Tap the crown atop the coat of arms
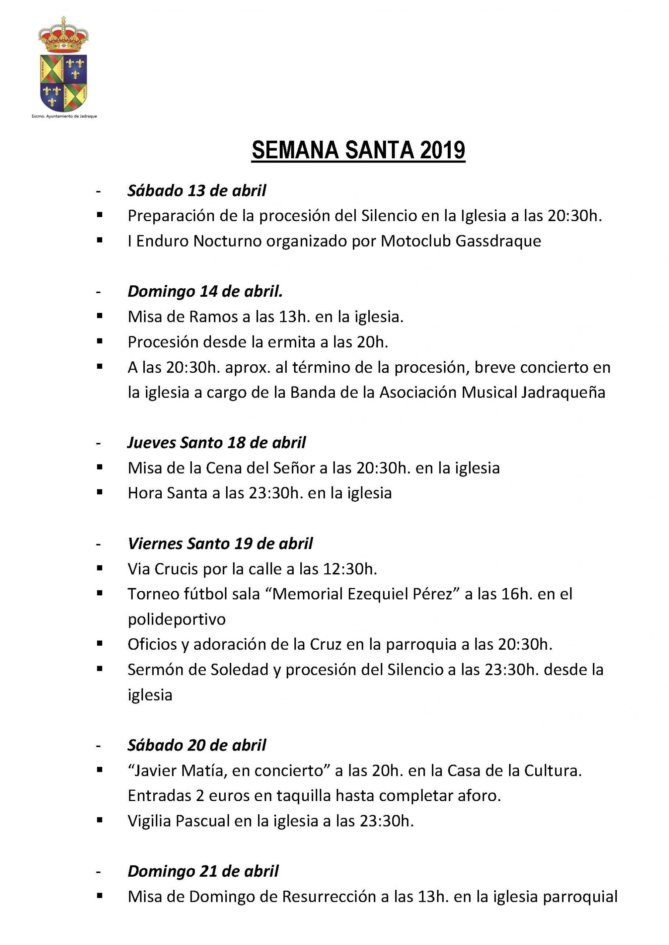click(x=63, y=37)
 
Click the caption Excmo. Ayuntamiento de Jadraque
click(x=64, y=117)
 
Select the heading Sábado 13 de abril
click(x=197, y=191)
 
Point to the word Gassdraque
click(x=498, y=241)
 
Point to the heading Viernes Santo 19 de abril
click(x=220, y=544)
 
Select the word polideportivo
click(x=177, y=619)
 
